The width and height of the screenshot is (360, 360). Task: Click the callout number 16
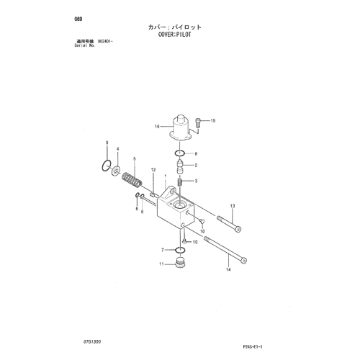tap(157, 126)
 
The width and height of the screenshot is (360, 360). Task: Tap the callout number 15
tap(213, 121)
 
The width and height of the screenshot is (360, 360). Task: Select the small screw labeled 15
tap(198, 122)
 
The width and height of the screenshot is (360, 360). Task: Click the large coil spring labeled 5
tap(132, 180)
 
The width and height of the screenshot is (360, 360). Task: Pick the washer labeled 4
tap(116, 170)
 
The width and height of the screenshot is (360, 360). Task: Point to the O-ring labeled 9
tap(106, 166)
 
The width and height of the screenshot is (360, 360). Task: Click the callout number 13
tap(233, 206)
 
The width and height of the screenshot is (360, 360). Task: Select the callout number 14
tap(228, 269)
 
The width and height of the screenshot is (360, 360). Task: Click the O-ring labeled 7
tap(180, 251)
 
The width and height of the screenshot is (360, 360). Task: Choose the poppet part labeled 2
tap(180, 166)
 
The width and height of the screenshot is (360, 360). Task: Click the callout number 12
tap(153, 170)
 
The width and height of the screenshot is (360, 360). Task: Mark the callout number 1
tap(166, 176)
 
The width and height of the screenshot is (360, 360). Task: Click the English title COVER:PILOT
tap(175, 35)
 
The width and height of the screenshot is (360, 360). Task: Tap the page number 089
tap(78, 19)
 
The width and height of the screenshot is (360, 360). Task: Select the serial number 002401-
tap(105, 41)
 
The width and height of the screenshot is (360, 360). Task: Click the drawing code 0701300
tap(92, 341)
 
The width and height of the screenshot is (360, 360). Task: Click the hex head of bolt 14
tap(244, 261)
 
